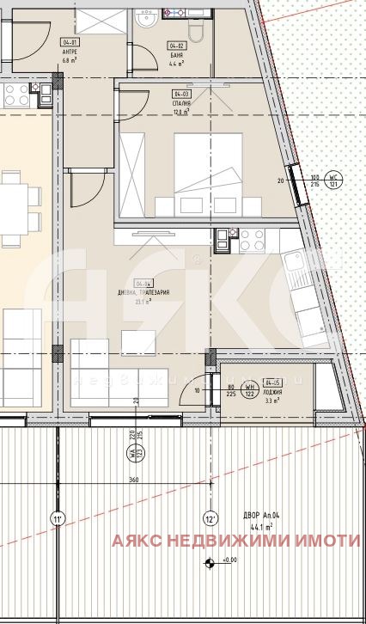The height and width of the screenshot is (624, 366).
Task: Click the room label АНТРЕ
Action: pos(70,52)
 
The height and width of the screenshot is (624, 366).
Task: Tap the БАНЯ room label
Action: pos(177,54)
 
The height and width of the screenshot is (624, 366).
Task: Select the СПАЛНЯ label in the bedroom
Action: pos(181,102)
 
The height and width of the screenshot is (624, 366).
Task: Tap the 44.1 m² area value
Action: pos(257,528)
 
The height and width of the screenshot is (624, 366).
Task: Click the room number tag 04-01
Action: pos(70,42)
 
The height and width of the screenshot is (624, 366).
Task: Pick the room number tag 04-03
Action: pos(181,94)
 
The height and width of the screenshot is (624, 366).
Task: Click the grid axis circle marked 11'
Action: pos(58,518)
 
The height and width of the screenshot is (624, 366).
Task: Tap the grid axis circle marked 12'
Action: pos(210,518)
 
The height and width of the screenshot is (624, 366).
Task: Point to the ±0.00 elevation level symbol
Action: pos(210,563)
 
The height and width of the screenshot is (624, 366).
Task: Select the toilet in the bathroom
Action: pos(195,32)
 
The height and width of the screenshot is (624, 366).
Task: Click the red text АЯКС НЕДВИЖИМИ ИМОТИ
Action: pos(235,541)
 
